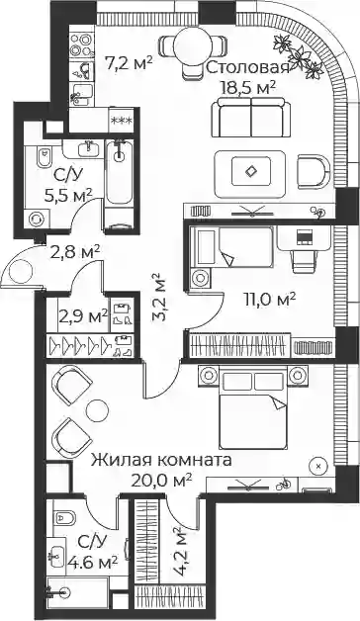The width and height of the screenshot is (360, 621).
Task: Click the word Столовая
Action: coord(248,67)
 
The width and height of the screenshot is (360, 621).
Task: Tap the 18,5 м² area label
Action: coord(248,87)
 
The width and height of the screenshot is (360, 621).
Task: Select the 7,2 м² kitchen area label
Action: coord(129,62)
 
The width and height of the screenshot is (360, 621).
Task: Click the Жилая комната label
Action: coord(161,460)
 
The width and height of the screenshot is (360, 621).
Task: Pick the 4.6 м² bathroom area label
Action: coord(92,562)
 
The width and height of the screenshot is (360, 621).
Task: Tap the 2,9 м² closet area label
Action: coord(83,316)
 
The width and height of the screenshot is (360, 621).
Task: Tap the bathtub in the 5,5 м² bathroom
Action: coord(119,171)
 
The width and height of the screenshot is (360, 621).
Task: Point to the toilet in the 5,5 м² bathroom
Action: coord(44,158)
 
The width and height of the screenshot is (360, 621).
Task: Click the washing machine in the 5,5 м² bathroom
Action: coord(37,219)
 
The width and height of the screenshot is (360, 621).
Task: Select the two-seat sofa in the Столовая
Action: coord(250,118)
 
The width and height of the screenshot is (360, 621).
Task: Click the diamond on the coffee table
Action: coord(251,171)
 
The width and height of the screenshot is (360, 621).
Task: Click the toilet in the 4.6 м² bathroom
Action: coord(64,517)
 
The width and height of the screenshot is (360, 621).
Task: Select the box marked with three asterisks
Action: coord(122,121)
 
